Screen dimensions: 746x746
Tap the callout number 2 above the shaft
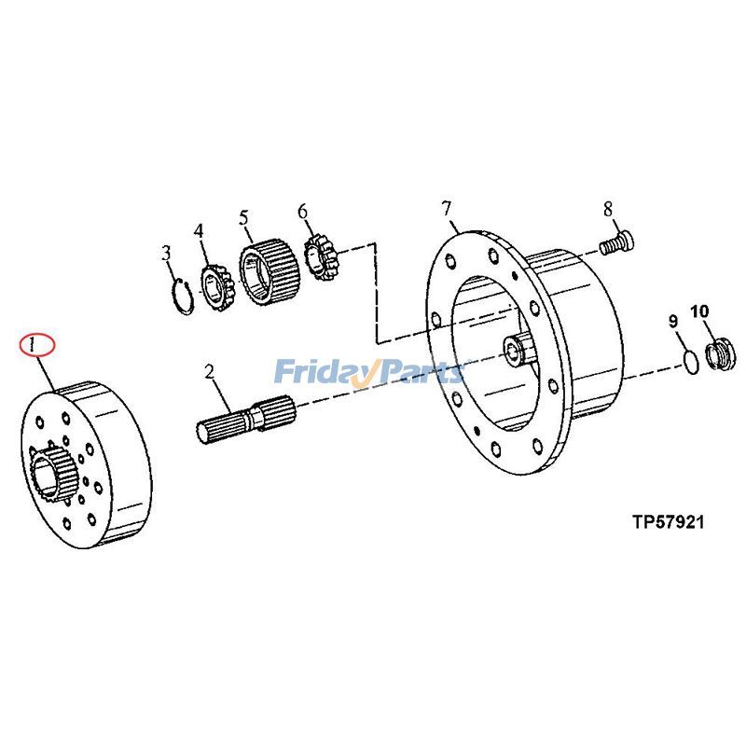click(210, 373)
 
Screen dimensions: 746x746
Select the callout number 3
click(166, 253)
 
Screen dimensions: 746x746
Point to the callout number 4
click(199, 230)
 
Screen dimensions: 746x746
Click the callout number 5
click(244, 218)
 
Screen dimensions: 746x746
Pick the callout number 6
click(302, 212)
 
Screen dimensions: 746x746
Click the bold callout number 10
click(699, 311)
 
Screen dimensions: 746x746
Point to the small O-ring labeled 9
click(688, 361)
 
